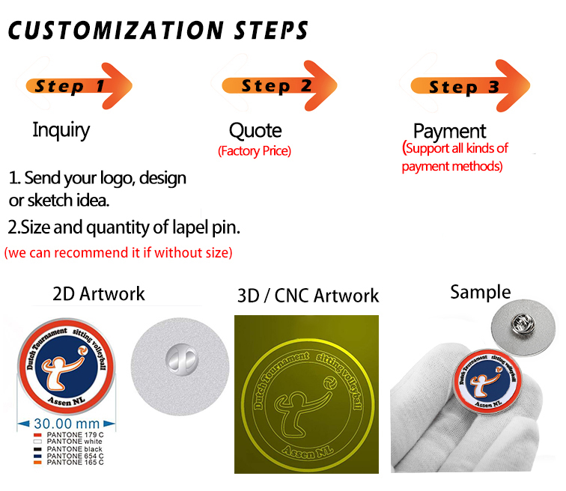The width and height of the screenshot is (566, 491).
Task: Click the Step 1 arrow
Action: [79, 85]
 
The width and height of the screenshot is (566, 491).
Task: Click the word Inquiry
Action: [61, 129]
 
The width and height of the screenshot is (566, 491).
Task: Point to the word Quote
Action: [255, 131]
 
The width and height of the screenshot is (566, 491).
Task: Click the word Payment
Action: [450, 132]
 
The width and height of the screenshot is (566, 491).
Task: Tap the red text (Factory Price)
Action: [255, 151]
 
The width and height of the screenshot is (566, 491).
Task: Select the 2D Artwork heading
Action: [99, 293]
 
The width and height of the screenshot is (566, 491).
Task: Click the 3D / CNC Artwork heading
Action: [308, 296]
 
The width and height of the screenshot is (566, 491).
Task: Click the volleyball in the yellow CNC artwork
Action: [328, 382]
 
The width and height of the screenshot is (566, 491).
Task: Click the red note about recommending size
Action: [118, 252]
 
